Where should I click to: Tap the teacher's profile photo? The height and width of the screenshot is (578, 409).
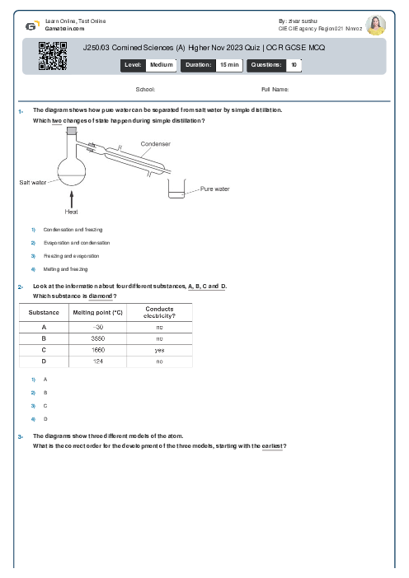coord(375,25)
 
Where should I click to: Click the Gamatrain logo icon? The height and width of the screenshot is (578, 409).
coord(31,26)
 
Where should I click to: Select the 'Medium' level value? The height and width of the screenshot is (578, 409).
coord(161,63)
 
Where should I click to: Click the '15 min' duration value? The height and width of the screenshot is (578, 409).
coord(228,63)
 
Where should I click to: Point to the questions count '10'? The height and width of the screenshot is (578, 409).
coord(294,63)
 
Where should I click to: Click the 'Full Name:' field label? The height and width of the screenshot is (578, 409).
coord(275,89)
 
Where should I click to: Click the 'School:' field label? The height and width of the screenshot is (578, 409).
coord(145,89)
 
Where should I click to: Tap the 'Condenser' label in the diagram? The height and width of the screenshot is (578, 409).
coord(155,143)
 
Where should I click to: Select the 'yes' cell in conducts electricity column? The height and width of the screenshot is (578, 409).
coord(159,350)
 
